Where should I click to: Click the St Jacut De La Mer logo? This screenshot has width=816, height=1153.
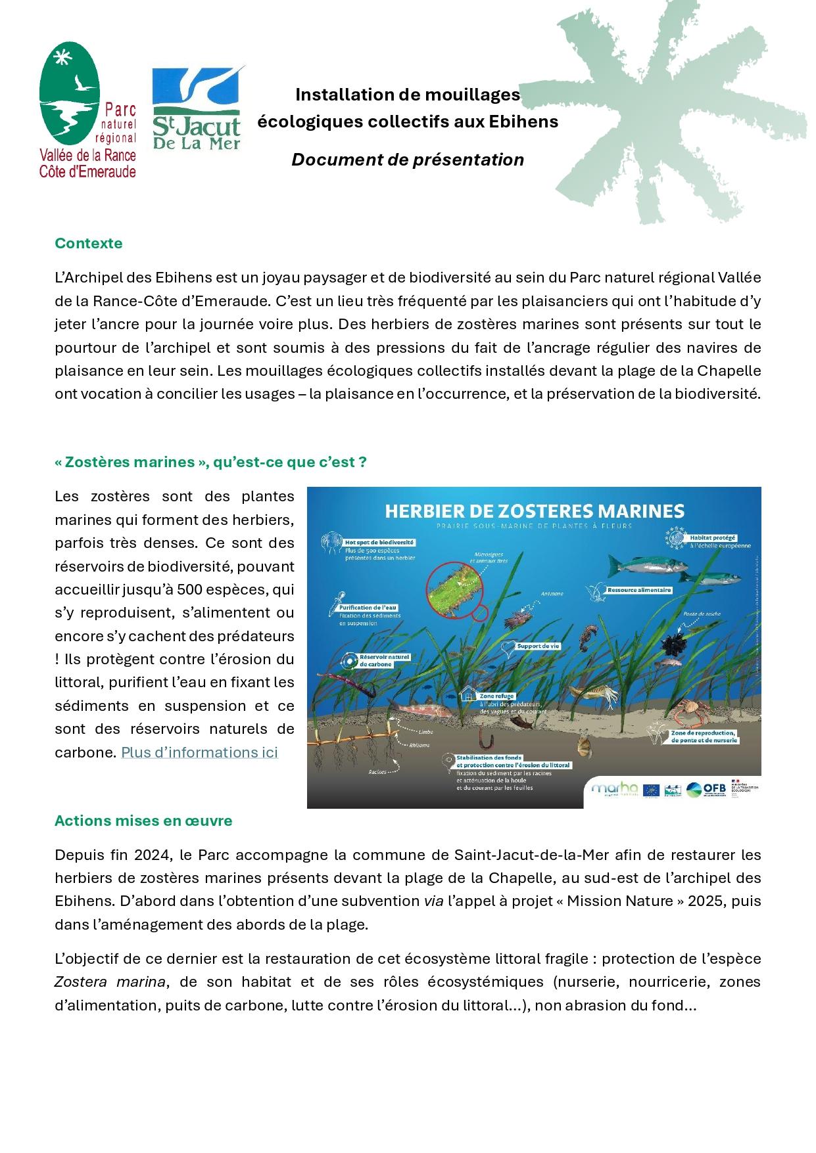197,108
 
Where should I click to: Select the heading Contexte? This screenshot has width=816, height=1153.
88,243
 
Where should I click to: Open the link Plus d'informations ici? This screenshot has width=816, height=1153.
199,752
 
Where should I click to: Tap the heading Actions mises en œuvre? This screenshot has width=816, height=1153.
143,821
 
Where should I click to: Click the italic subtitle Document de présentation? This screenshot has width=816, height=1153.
408,160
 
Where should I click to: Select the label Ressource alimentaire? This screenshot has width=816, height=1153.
638,590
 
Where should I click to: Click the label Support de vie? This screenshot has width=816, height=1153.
537,646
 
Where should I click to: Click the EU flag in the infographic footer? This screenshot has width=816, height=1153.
651,790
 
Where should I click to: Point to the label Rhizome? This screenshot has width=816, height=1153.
420,745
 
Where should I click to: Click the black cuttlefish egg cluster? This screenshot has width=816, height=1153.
675,644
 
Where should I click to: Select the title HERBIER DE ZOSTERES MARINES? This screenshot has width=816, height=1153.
534,510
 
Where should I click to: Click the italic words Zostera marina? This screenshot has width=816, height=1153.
109,982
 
